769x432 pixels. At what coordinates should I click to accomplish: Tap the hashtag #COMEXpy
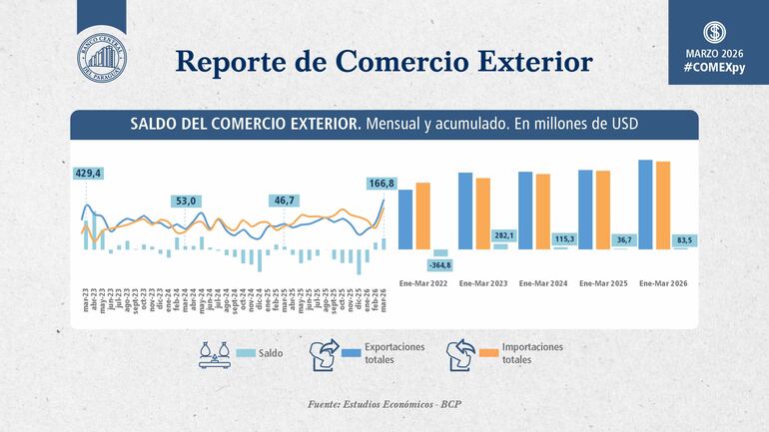point(713,65)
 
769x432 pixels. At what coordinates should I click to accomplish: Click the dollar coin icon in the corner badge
point(713,30)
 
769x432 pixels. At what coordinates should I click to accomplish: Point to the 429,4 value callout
point(88,174)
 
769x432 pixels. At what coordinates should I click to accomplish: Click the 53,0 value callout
point(186,201)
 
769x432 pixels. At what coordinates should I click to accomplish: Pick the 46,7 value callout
point(285,201)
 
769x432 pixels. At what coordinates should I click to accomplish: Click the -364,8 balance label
point(439,264)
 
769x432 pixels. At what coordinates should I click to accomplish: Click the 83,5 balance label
point(685,239)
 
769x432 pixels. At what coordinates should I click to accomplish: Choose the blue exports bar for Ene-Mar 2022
point(405,218)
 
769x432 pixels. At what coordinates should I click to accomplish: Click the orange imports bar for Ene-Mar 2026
point(663,205)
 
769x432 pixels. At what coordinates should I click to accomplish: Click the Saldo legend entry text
point(270,353)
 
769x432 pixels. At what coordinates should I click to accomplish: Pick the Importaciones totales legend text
point(532,353)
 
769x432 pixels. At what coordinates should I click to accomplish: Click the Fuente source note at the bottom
point(384,404)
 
